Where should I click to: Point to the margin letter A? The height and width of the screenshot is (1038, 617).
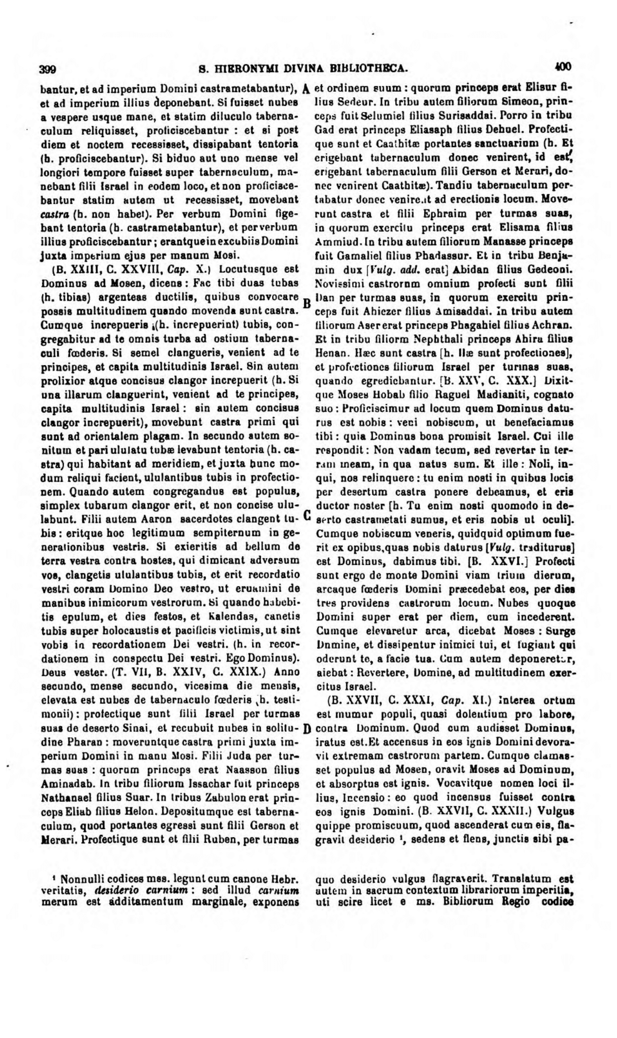click(x=306, y=90)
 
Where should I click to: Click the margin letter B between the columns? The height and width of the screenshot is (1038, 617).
click(x=307, y=303)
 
